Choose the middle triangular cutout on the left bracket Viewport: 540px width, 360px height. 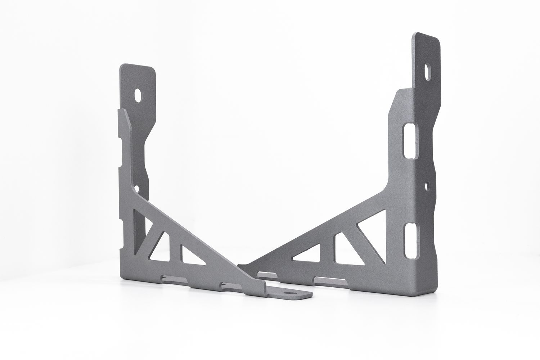pos(161,247)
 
